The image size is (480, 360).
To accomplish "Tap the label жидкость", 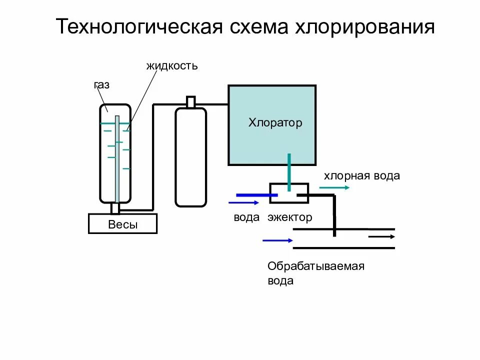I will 172,65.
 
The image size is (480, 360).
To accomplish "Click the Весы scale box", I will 122,224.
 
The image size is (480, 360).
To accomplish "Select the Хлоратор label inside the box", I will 275,122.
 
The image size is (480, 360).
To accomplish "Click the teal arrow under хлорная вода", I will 334,187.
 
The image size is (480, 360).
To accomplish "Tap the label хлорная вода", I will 362,175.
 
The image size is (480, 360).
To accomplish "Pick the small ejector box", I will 289,193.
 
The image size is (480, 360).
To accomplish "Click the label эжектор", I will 289,217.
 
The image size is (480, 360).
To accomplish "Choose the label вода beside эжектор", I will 246,217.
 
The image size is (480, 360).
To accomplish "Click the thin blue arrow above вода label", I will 243,202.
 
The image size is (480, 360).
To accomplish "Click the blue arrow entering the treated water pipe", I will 277,240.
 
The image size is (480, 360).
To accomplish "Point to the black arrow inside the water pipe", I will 381,237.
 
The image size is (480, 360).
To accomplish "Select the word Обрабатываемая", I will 316,266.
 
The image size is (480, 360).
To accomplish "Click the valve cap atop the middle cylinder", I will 190,102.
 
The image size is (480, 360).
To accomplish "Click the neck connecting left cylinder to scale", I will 115,208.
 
